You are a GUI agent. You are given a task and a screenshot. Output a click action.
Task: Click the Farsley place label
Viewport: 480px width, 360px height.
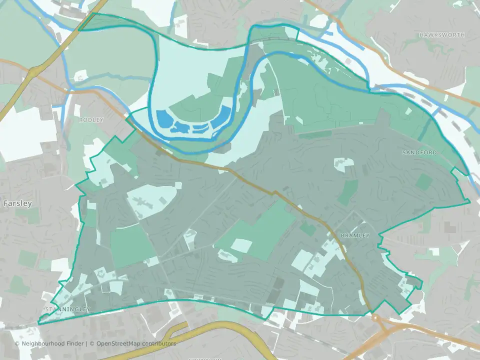point(17,203)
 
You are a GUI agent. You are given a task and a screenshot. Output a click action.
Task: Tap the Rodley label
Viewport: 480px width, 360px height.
point(91,120)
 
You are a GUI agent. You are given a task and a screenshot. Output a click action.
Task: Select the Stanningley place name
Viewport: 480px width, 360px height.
point(66,309)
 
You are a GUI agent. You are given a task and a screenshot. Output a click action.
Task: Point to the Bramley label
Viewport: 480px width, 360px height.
point(354,235)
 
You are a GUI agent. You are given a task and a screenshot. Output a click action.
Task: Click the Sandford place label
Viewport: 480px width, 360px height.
point(419,152)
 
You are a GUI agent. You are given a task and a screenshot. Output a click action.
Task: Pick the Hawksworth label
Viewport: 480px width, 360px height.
point(442,35)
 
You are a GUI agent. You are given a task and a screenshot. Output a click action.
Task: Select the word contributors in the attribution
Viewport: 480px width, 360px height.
point(159,343)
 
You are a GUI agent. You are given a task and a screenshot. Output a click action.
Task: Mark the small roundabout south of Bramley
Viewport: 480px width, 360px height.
point(375,317)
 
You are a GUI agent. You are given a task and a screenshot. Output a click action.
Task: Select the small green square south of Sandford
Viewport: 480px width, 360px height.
point(423,181)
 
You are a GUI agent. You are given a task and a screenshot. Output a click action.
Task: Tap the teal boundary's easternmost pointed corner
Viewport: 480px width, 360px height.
point(470,201)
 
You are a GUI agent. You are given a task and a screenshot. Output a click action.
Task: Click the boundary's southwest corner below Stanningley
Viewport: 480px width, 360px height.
point(38,323)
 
